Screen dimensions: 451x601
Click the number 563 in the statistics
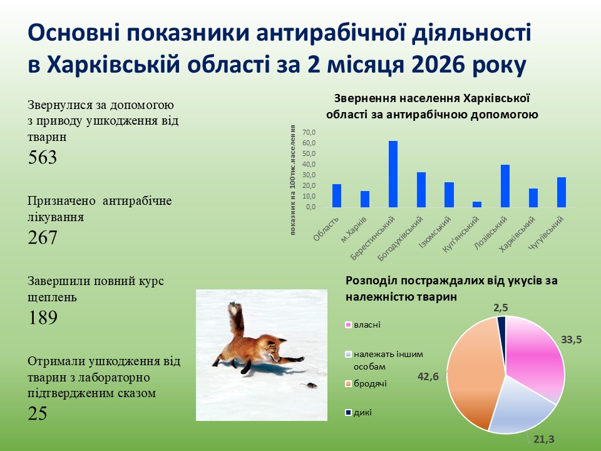click(x=43, y=157)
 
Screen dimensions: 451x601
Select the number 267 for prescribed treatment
click(x=43, y=237)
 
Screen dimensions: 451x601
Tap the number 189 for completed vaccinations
click(x=43, y=318)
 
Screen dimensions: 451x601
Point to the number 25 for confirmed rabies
click(x=38, y=413)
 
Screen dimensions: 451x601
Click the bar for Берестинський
click(x=393, y=174)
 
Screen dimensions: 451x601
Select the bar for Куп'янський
click(x=477, y=204)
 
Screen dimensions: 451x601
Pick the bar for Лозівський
click(x=505, y=186)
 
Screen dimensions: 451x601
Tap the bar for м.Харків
click(x=365, y=199)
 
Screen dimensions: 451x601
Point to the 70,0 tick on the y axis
click(x=310, y=133)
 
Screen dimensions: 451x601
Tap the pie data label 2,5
click(x=500, y=308)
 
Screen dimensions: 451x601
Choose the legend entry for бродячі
click(x=370, y=383)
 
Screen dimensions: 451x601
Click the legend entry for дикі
click(x=362, y=412)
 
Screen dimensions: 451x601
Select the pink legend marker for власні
click(x=348, y=325)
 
